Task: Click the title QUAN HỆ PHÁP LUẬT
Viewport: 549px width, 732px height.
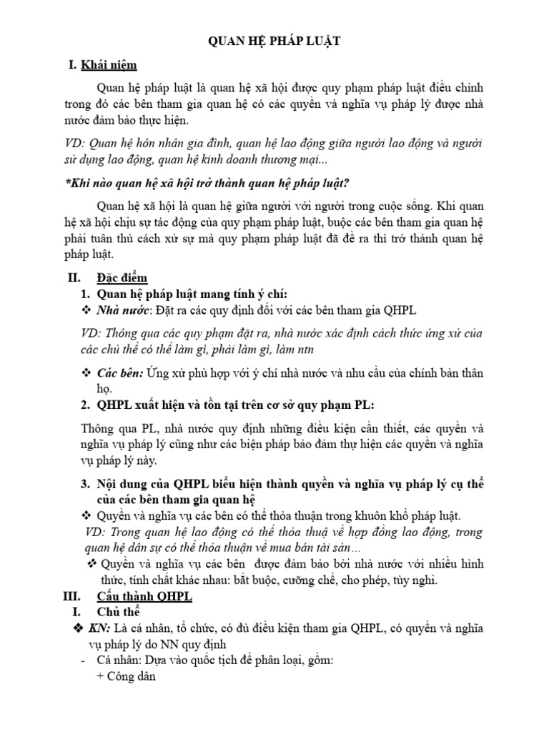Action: (x=274, y=42)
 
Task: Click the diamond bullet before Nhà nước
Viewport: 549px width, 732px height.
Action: (x=86, y=310)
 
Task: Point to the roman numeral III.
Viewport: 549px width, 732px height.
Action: (x=74, y=596)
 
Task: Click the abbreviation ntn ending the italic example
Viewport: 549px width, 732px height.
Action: (x=305, y=350)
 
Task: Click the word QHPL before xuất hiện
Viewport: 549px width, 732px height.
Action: (x=116, y=405)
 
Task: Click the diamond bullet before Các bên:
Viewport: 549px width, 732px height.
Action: (x=86, y=372)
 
